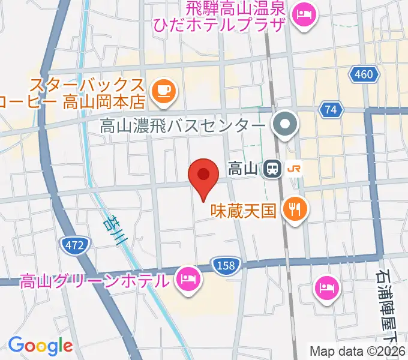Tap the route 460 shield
coord(363,74)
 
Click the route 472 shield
coord(75,244)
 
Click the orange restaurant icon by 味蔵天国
coord(294,209)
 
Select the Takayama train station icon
coord(272,169)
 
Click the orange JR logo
coord(294,169)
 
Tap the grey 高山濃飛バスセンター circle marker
coord(285,125)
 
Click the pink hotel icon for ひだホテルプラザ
coord(305,13)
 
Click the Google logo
coord(40,345)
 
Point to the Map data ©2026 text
coord(358,351)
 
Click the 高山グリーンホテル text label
coord(95,280)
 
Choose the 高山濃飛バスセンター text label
coord(182,126)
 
